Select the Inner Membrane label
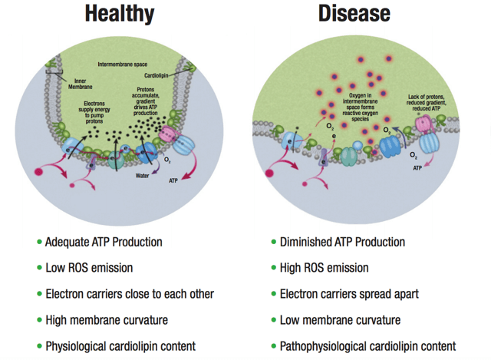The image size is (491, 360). (79, 84)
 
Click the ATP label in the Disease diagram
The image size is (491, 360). (418, 166)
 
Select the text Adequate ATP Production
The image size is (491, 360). (103, 242)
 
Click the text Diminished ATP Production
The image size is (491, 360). (341, 242)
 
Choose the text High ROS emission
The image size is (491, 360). (325, 268)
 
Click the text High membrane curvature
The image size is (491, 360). (106, 320)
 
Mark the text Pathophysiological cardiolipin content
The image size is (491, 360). (368, 346)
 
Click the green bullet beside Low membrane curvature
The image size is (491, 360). (275, 320)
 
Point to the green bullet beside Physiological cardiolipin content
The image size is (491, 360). (39, 346)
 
